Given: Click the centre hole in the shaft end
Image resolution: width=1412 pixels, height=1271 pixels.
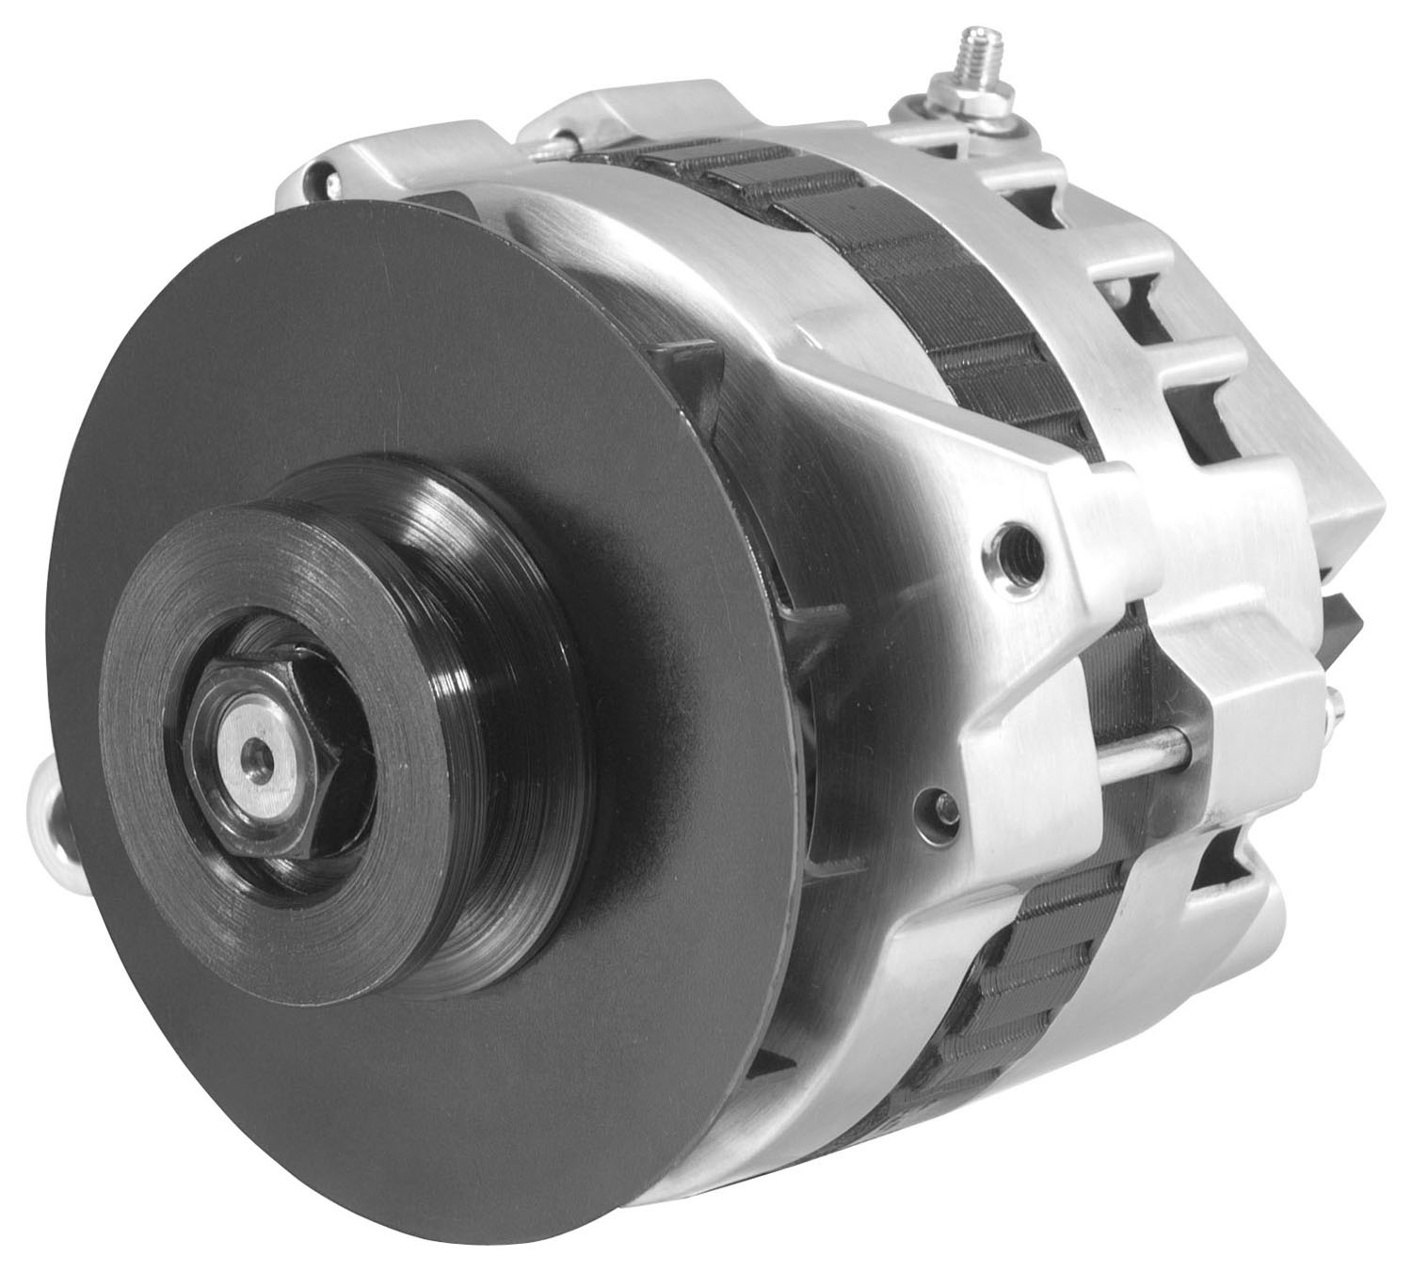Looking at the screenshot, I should (x=252, y=752).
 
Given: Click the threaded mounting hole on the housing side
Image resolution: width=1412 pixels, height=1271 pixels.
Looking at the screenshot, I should (x=1022, y=541).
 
